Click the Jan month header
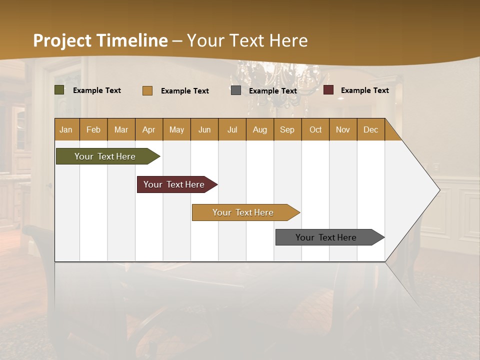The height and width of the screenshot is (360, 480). click(x=66, y=129)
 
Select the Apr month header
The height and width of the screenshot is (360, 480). click(x=148, y=129)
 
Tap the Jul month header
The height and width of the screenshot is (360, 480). click(x=232, y=129)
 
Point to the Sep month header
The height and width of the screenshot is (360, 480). click(x=287, y=129)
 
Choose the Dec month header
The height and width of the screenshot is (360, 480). click(x=370, y=129)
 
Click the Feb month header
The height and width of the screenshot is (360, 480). click(x=93, y=129)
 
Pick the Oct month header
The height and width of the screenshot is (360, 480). click(x=315, y=129)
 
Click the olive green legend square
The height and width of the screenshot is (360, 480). click(x=59, y=90)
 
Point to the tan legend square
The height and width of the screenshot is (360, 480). click(x=147, y=90)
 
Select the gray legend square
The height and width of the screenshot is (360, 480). click(x=236, y=90)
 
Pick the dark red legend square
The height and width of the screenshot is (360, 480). click(x=328, y=90)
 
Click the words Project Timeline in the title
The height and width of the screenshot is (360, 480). click(x=100, y=40)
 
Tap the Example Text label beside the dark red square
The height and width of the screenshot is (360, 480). click(x=364, y=90)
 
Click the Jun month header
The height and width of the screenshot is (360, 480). click(x=204, y=129)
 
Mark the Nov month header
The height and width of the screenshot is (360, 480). click(x=343, y=129)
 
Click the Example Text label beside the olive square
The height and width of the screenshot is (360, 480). click(x=97, y=90)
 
